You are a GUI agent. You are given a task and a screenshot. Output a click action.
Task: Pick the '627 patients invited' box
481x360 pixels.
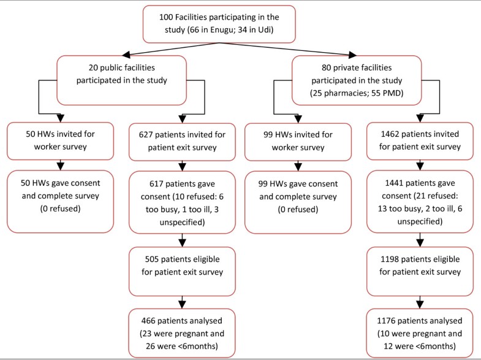pyautogui.click(x=182, y=139)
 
